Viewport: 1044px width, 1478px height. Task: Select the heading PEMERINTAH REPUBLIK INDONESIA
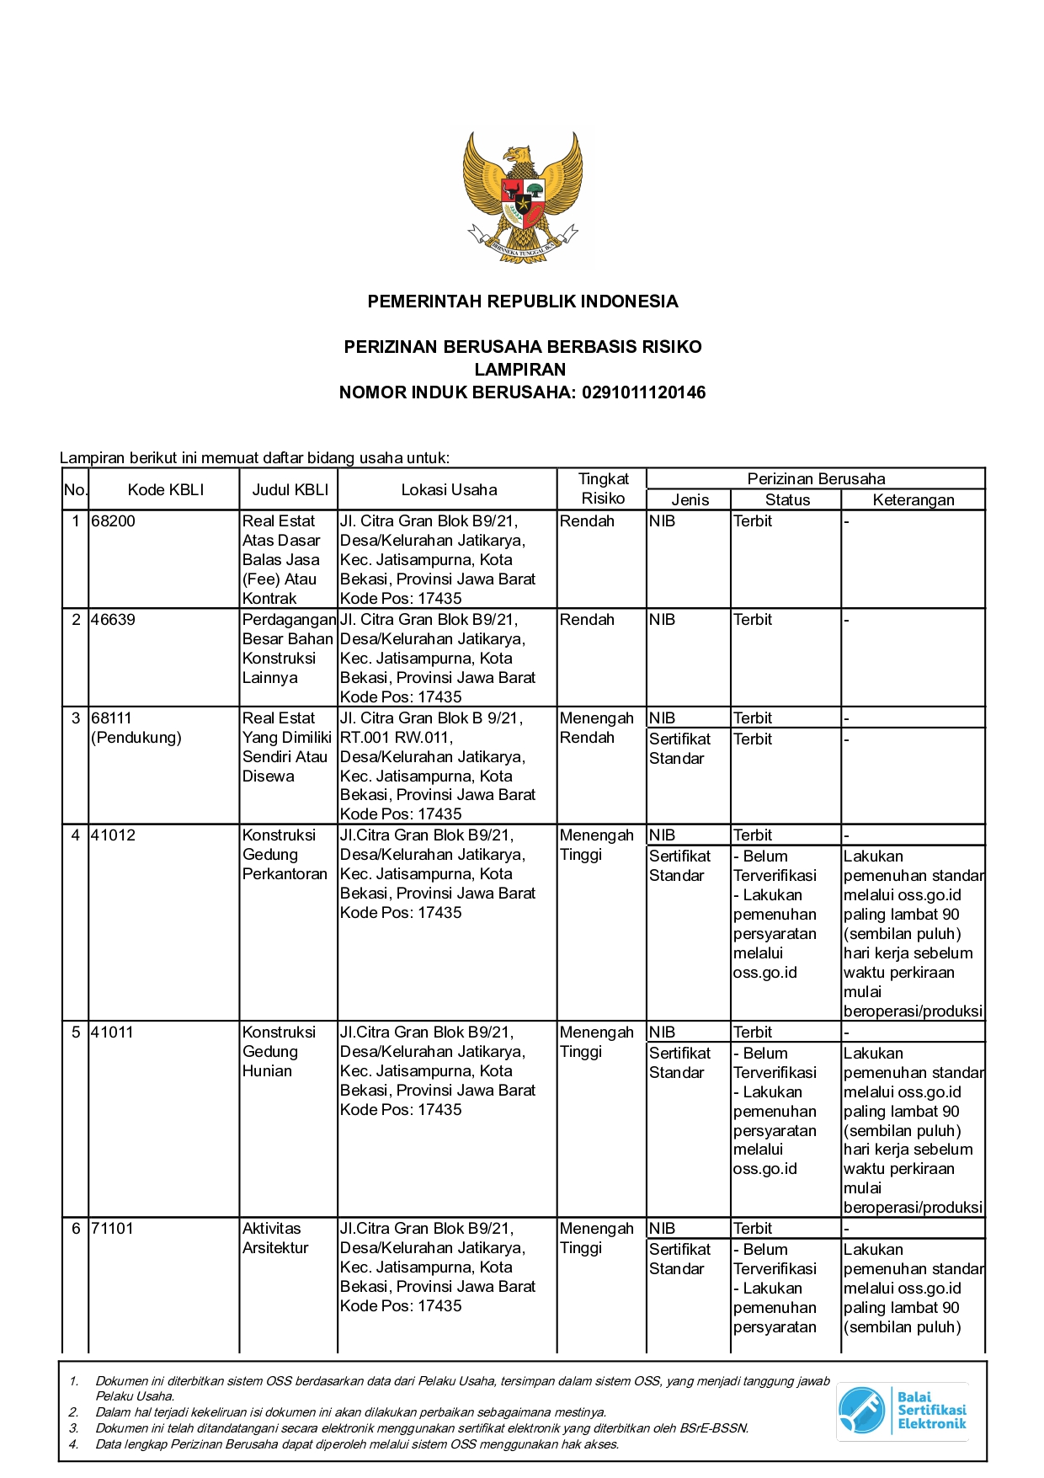522,301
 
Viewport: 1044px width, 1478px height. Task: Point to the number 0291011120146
643,392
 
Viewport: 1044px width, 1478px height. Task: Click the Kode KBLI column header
165,490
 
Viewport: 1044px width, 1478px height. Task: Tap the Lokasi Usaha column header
449,490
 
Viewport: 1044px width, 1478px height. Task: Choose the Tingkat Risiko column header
603,488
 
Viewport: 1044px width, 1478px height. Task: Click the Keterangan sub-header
913,500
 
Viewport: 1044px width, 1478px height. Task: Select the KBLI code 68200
113,521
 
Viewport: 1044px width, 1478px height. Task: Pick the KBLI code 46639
113,620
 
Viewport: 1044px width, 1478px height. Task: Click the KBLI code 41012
113,835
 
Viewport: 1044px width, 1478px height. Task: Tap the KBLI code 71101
113,1229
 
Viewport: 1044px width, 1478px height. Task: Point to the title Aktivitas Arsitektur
275,1238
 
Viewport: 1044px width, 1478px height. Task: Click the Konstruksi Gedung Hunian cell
279,1052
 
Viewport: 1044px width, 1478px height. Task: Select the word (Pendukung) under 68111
136,738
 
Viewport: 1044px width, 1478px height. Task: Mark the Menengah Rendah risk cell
596,728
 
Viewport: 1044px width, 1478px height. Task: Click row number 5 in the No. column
76,1032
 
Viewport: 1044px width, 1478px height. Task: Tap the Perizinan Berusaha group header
816,479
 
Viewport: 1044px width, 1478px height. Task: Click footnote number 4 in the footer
73,1444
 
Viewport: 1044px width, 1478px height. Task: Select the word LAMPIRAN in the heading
520,370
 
